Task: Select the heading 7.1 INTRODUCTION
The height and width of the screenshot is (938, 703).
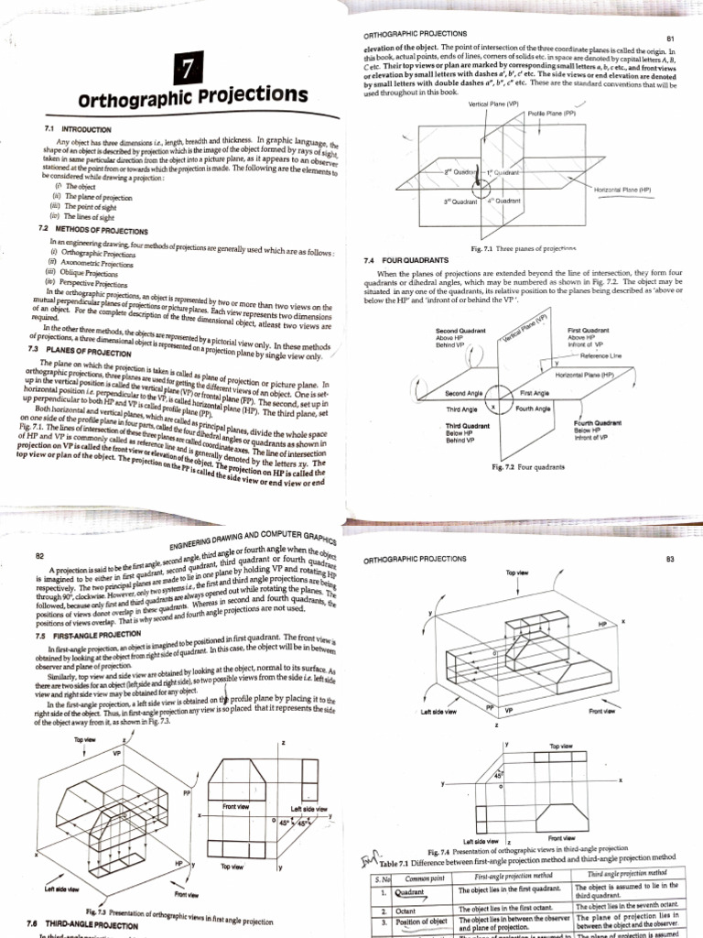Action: click(78, 130)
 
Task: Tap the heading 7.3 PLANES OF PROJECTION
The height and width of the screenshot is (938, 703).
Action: click(74, 350)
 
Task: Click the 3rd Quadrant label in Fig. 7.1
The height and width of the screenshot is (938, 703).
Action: click(461, 201)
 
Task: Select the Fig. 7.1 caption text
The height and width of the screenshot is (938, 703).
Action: click(523, 248)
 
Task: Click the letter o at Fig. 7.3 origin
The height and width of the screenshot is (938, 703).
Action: click(274, 821)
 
